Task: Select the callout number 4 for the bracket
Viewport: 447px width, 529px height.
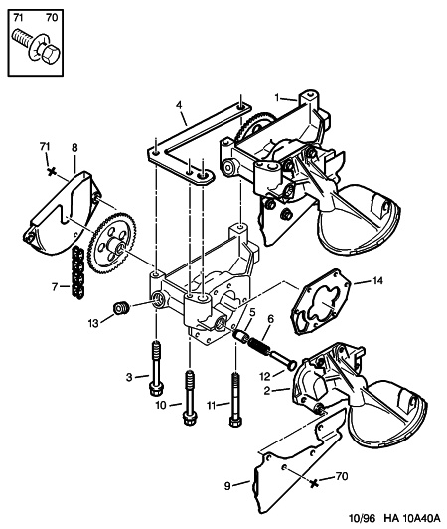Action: [179, 104]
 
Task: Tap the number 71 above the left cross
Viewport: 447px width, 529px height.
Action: [44, 147]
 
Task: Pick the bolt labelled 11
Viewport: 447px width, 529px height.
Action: [234, 403]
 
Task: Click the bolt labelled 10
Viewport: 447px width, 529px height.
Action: [188, 403]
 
